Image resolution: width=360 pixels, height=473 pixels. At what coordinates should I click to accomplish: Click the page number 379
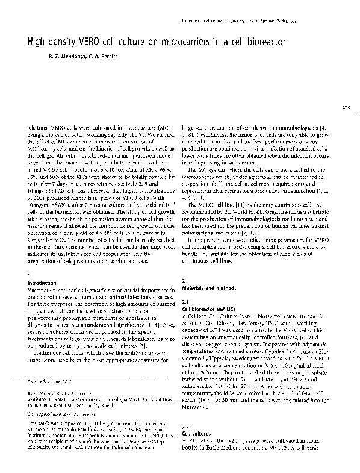347,108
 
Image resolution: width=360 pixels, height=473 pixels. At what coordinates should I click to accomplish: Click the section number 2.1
185,301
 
